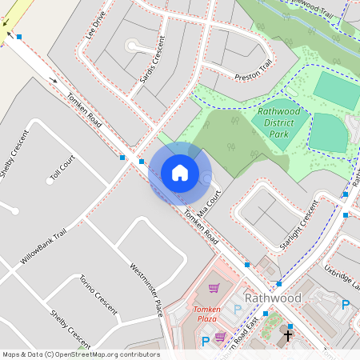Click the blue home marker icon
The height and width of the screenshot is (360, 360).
point(180,173)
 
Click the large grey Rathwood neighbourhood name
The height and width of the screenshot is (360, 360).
point(273,298)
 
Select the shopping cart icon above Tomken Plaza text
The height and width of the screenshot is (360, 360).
point(214,288)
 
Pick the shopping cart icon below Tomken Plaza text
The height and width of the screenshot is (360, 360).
point(220,336)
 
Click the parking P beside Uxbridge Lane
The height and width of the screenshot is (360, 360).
point(346,304)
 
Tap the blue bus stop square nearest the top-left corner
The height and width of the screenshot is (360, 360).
point(19,37)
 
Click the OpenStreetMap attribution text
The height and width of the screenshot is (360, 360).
point(80,354)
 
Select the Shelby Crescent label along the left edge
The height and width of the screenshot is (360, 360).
point(13,156)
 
